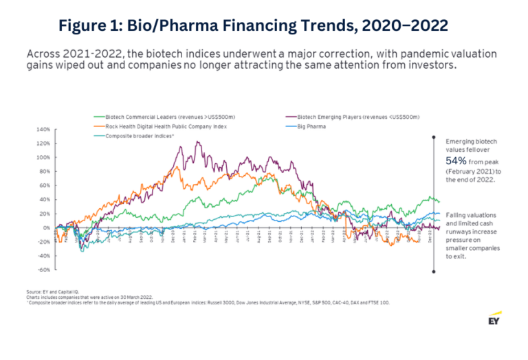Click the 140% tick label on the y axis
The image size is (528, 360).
(43, 129)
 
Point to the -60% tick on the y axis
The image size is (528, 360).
(43, 270)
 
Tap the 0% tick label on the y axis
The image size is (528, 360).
(46, 227)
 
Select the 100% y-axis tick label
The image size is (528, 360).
(43, 157)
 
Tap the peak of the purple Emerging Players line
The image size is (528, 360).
(198, 142)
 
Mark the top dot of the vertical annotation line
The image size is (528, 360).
(432, 137)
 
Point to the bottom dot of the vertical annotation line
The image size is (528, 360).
(432, 272)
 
